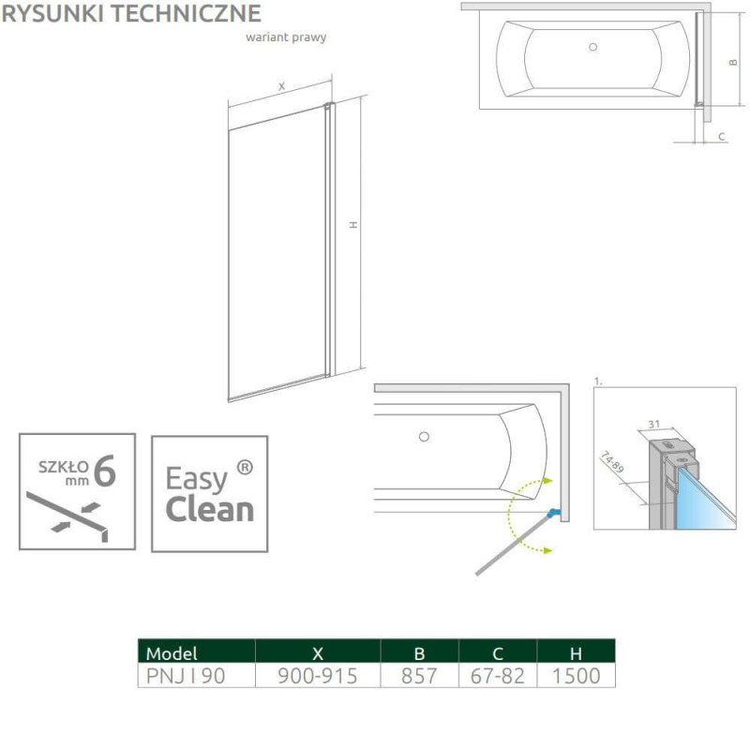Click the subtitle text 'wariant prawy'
click(x=286, y=37)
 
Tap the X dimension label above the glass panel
click(x=282, y=86)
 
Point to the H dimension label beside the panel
click(x=353, y=225)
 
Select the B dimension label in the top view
click(x=733, y=62)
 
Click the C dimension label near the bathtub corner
click(x=722, y=136)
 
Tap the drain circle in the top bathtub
click(x=593, y=47)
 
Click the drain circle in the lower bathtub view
click(x=424, y=437)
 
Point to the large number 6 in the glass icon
click(x=105, y=471)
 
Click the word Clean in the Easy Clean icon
click(x=209, y=509)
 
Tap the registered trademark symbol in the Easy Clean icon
click(x=245, y=467)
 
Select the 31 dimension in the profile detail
click(x=653, y=424)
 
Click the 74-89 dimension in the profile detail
click(x=612, y=462)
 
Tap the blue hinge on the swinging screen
click(x=553, y=513)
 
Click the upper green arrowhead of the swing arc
click(x=547, y=480)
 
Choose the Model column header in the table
click(x=172, y=652)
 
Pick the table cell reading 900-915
click(x=318, y=676)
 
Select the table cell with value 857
click(x=419, y=676)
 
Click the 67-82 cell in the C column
click(x=498, y=676)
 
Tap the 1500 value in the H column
click(x=576, y=676)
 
